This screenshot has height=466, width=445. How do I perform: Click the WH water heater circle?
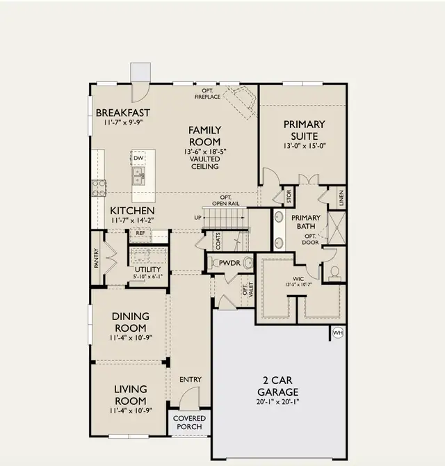tap(338, 332)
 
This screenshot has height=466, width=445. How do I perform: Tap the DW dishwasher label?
tap(138, 158)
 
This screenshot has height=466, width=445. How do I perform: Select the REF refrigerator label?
tap(140, 233)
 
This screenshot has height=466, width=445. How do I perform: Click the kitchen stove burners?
tap(99, 188)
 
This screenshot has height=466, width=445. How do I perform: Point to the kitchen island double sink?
tap(138, 176)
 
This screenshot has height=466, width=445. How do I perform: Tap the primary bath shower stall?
tap(337, 228)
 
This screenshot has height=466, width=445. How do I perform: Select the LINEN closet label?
tap(341, 198)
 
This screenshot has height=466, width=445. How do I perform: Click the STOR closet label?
tap(289, 196)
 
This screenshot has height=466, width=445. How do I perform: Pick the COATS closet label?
tap(218, 241)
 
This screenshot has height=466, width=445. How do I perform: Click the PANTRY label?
tap(96, 258)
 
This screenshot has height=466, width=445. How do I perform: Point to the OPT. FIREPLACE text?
tap(207, 94)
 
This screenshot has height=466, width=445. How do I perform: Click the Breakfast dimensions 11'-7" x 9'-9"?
tap(123, 122)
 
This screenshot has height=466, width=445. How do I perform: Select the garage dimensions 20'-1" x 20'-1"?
tap(277, 402)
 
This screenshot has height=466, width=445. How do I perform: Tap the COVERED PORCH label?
tap(189, 422)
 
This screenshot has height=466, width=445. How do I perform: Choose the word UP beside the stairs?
tap(198, 218)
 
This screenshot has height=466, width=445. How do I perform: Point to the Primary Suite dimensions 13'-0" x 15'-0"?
tap(305, 146)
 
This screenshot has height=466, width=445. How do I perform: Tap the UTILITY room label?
tap(147, 270)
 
